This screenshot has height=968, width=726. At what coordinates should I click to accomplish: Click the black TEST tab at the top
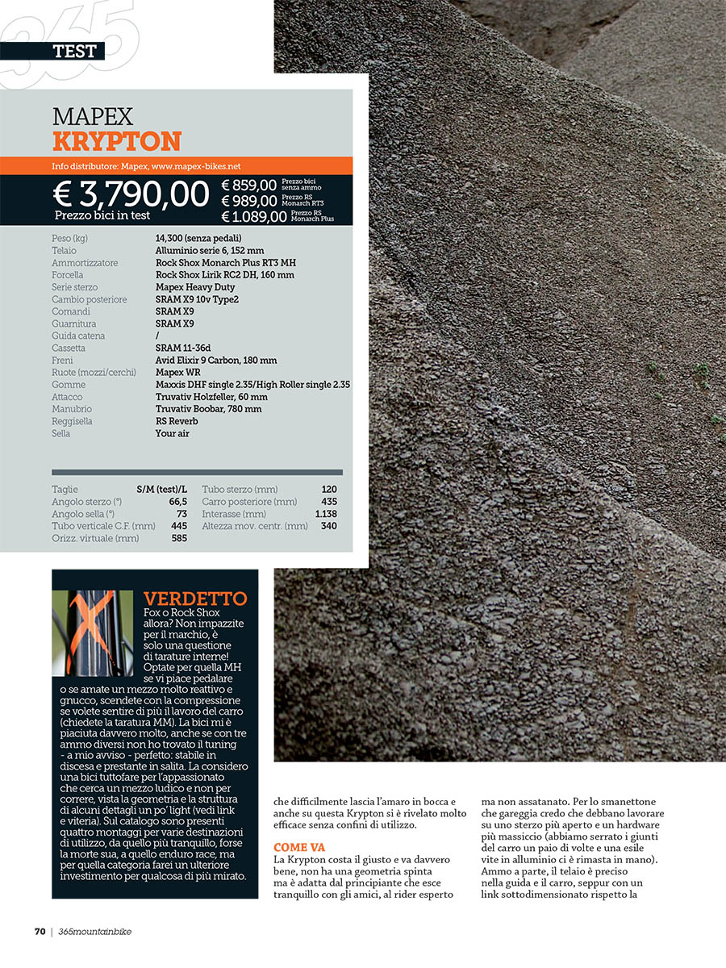pos(73,51)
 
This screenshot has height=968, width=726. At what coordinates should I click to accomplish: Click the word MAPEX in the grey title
pos(93,116)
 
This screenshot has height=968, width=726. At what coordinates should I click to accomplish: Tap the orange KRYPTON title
pos(117,141)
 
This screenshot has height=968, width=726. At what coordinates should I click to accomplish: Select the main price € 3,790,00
pos(131,194)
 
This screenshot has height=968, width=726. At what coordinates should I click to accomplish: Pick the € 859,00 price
pos(248,186)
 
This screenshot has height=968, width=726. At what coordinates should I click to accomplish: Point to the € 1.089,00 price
pos(254,216)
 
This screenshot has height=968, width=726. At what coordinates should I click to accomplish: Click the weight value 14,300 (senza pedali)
pos(198,238)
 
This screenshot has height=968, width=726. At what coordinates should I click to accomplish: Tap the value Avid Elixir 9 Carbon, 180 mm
pos(215,360)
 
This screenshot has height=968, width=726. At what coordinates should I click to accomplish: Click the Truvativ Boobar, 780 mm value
pos(208,409)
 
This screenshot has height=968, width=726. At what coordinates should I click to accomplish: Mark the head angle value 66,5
pos(178,502)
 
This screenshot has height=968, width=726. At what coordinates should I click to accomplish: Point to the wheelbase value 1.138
pos(326,514)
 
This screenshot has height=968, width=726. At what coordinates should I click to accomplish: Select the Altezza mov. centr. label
pos(255,526)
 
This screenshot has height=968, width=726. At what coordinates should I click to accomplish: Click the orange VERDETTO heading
pos(195,599)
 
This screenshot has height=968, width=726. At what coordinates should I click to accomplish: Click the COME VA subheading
pos(299,847)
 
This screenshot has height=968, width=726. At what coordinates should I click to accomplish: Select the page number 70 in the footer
pos(40,931)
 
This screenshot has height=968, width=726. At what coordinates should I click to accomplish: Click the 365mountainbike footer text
pos(95,931)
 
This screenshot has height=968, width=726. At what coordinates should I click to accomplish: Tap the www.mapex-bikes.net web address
pos(196,166)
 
